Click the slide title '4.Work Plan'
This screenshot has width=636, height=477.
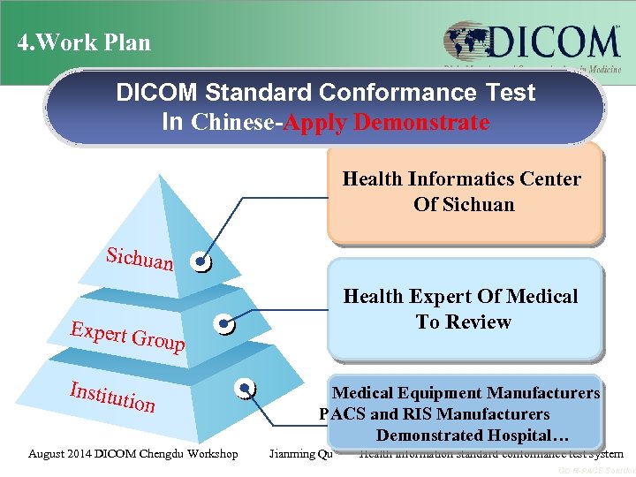click(85, 42)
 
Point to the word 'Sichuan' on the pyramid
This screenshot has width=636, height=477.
click(140, 259)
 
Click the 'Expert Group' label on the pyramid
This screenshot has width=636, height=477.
click(128, 337)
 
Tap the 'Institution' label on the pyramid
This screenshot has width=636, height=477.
click(113, 397)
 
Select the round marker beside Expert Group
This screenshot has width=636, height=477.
click(227, 325)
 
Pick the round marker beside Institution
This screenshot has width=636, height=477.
click(246, 388)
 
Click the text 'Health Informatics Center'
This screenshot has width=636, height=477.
click(462, 179)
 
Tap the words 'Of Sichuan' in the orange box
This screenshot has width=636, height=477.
click(464, 204)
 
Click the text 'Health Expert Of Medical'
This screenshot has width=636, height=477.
click(460, 297)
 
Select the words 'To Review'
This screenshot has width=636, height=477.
click(463, 322)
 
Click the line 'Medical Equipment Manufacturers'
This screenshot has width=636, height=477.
click(466, 393)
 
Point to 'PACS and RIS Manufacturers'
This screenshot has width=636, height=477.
click(435, 414)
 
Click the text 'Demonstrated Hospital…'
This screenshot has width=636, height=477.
click(473, 435)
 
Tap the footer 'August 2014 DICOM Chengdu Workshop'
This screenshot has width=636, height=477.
click(132, 454)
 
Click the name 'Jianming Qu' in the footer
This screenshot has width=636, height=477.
click(300, 454)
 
